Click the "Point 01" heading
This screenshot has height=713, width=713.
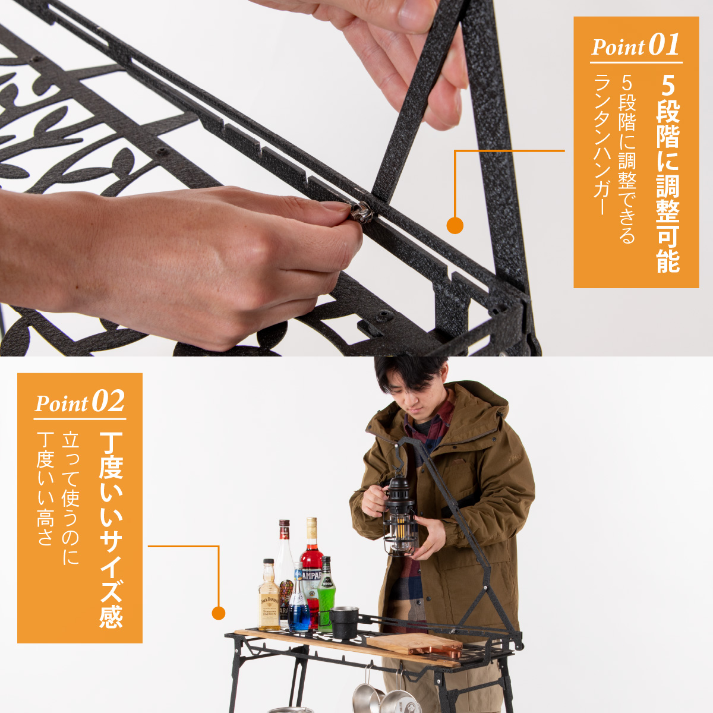(x=636, y=46)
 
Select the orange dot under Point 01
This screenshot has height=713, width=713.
(x=455, y=225)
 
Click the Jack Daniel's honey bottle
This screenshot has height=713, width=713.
(x=269, y=596)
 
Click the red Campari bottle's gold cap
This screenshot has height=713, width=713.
(x=311, y=528)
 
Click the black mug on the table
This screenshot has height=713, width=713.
(x=343, y=623)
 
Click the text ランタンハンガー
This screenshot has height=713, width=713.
(x=601, y=144)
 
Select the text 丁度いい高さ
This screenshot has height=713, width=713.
(x=45, y=489)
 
